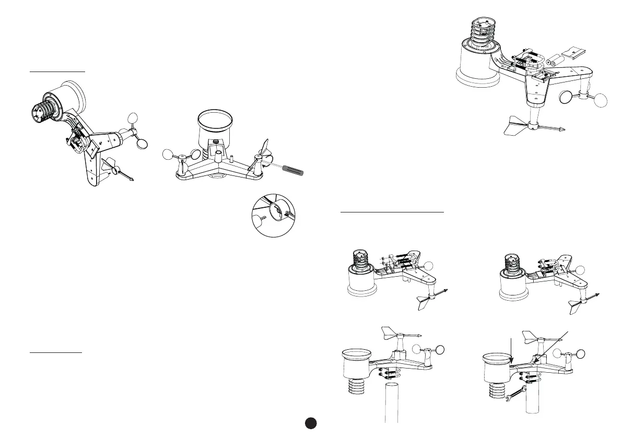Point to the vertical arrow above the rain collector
511,350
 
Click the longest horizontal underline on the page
392,212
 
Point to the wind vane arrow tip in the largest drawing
561,128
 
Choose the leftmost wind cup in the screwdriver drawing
168,154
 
